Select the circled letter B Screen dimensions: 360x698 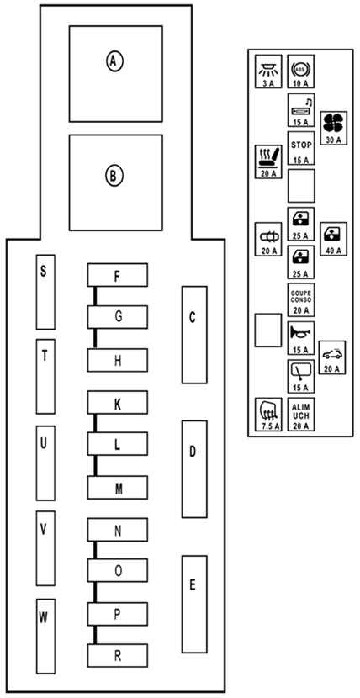tap(114, 176)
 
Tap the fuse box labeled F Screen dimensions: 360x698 tap(118, 275)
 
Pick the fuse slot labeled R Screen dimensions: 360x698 tap(118, 656)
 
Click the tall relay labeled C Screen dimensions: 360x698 tap(194, 335)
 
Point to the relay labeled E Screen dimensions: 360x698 tap(194, 604)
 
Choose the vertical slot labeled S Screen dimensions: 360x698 tap(45, 292)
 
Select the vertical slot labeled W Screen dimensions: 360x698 tap(45, 636)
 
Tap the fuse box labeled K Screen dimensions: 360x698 tap(118, 403)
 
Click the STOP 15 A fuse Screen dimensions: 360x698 tap(301, 148)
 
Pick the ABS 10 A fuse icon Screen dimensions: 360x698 tap(301, 71)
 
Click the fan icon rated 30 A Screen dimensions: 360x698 tap(333, 128)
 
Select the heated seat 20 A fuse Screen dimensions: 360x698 tap(268, 162)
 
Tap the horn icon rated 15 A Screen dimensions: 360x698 tap(301, 338)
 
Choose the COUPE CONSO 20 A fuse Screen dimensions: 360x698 tap(301, 299)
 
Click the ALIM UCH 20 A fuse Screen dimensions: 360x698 tap(301, 415)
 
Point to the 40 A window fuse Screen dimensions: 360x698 tap(333, 239)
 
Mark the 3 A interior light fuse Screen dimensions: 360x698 tap(268, 71)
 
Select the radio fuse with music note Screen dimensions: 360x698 tap(301, 110)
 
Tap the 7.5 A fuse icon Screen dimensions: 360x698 tap(268, 415)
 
